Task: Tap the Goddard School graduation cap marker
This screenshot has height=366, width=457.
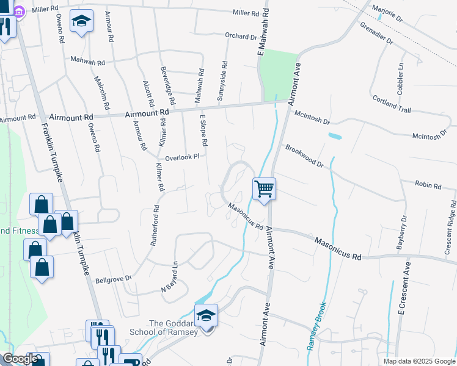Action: (x=207, y=316)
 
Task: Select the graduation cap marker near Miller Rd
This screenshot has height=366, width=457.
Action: (x=81, y=23)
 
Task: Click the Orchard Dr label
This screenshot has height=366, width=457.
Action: (x=241, y=36)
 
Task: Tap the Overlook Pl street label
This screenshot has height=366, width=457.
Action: (x=181, y=157)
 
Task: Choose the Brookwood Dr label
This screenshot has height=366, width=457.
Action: (x=304, y=156)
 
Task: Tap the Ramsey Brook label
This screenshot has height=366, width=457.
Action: (x=318, y=326)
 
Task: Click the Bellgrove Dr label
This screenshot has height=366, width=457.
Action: (x=114, y=279)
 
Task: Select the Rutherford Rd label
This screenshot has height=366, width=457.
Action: (x=155, y=225)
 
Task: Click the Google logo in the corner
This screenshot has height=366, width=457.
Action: (x=20, y=359)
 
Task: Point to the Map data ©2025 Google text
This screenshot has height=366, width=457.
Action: (x=419, y=361)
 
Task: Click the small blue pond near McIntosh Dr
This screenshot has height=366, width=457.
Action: (x=334, y=135)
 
